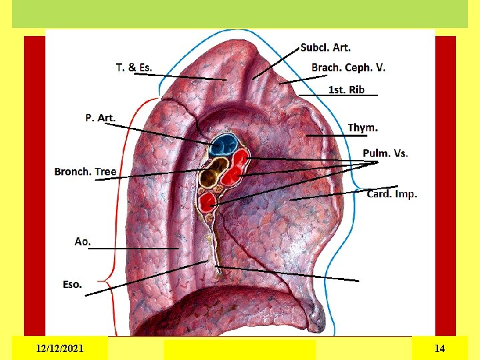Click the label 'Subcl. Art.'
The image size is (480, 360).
click(x=325, y=47)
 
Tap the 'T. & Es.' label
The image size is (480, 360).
click(x=134, y=67)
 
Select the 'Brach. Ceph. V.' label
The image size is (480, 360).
click(x=348, y=67)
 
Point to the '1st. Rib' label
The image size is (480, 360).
click(x=347, y=89)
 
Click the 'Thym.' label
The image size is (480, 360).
click(x=363, y=127)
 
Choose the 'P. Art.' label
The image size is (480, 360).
click(x=100, y=118)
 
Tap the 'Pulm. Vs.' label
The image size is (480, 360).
click(x=385, y=153)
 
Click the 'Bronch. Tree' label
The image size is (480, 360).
click(x=85, y=171)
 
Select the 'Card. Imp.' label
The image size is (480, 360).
click(x=392, y=194)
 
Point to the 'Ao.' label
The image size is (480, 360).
click(x=83, y=241)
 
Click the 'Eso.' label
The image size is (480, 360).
click(x=73, y=284)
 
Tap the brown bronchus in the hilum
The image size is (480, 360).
click(x=212, y=177)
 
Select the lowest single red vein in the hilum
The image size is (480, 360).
click(x=208, y=201)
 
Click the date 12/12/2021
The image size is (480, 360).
click(x=60, y=348)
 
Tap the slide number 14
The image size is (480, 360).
click(x=439, y=348)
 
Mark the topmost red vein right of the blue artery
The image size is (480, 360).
click(x=240, y=159)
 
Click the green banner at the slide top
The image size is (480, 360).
click(x=240, y=13)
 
